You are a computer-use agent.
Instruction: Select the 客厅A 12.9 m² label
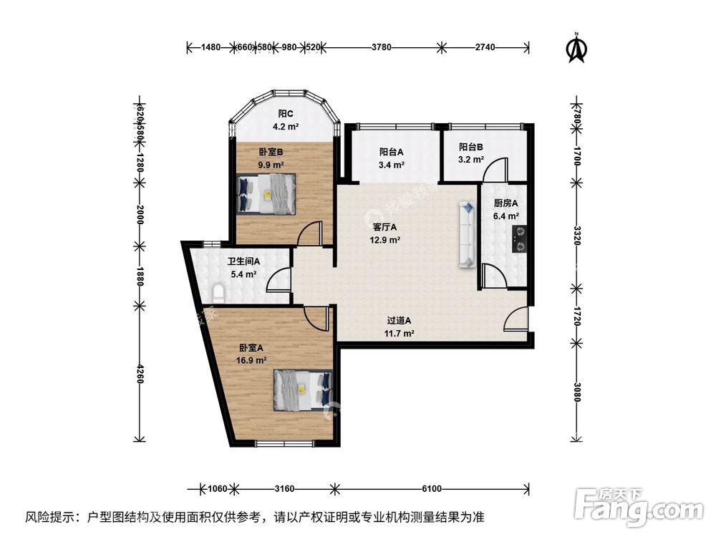[x=384, y=233]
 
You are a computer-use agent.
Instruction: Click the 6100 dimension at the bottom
[x=430, y=490]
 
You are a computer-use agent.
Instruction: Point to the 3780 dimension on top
[x=381, y=48]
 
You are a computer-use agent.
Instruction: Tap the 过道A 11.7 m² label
[x=399, y=327]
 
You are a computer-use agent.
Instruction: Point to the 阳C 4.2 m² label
[x=286, y=120]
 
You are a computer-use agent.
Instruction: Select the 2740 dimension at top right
[x=485, y=48]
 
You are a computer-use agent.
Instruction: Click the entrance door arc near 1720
[x=518, y=319]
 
